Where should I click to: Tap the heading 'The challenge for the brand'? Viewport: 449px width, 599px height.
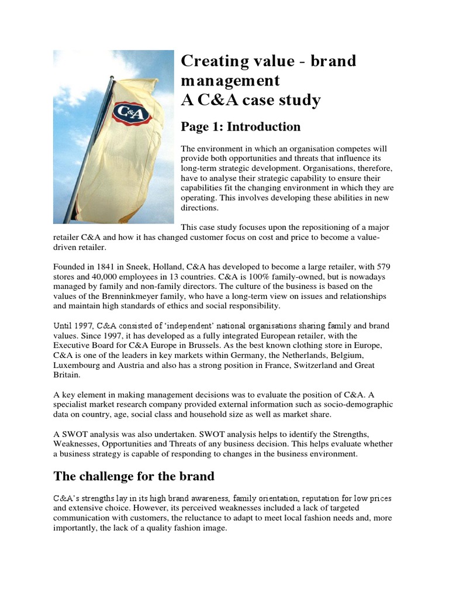[x=134, y=476]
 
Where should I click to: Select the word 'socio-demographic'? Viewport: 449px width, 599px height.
[x=358, y=405]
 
